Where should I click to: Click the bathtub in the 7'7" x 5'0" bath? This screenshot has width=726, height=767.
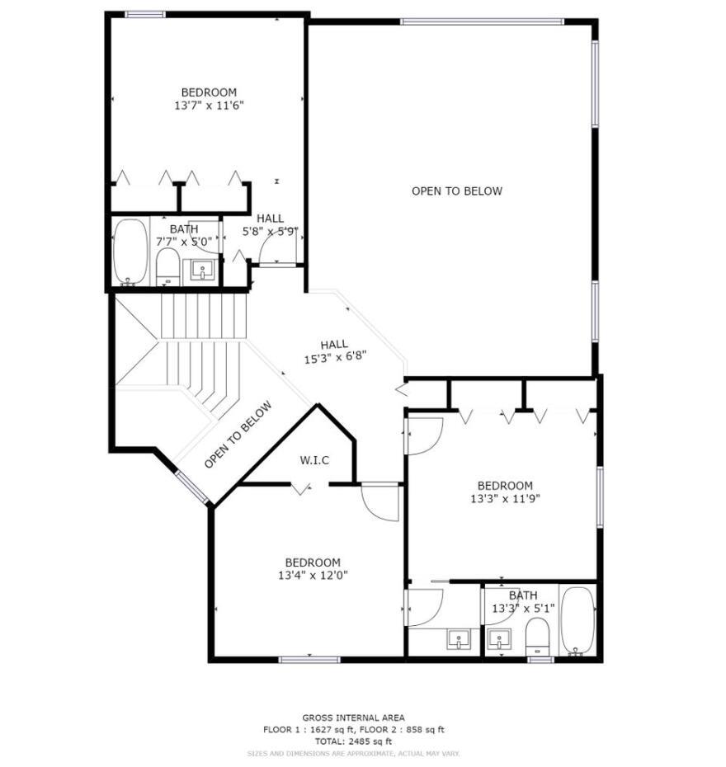click(130, 252)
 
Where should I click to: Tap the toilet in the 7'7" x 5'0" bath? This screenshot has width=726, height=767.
click(168, 267)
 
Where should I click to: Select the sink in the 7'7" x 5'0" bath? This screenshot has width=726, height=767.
click(201, 270)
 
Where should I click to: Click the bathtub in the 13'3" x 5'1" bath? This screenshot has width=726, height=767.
click(577, 621)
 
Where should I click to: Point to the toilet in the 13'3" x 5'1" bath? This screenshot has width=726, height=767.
click(537, 637)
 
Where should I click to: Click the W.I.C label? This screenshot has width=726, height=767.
click(314, 460)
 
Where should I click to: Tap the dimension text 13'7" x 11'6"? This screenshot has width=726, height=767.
click(209, 106)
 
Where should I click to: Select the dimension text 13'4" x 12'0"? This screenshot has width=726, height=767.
click(313, 576)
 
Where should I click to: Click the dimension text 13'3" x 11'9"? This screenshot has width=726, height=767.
click(505, 499)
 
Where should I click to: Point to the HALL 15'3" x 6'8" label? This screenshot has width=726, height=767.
click(335, 351)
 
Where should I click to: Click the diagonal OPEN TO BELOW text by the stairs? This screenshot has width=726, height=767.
click(238, 435)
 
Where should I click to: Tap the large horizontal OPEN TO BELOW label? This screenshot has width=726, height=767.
click(457, 191)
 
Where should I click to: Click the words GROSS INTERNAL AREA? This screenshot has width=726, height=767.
click(353, 718)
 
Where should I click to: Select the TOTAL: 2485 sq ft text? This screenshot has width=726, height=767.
click(353, 741)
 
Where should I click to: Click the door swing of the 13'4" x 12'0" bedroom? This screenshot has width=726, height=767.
click(379, 502)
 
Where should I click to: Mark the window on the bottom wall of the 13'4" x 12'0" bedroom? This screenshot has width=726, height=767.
click(309, 660)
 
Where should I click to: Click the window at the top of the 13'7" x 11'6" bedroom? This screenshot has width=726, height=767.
click(145, 15)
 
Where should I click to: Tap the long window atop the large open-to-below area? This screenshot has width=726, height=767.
click(482, 21)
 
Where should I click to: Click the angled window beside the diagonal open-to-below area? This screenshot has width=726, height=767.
click(193, 487)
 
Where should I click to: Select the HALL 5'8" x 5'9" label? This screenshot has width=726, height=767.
click(270, 225)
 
